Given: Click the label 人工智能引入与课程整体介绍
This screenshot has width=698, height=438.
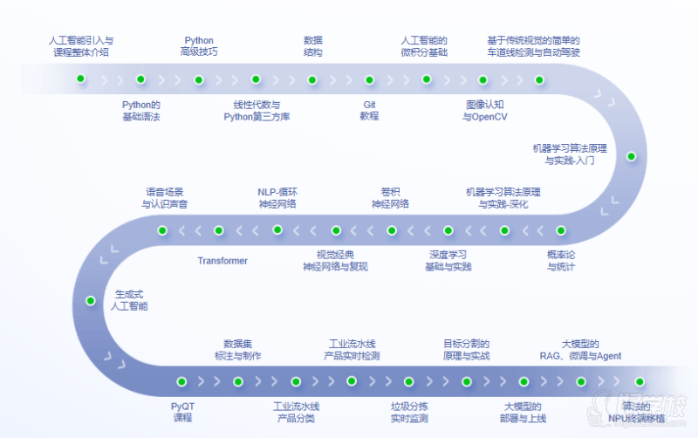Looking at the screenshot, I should point(81,46).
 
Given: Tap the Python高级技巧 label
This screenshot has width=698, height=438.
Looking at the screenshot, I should point(198,46).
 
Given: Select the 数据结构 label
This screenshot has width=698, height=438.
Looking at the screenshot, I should point(312,46).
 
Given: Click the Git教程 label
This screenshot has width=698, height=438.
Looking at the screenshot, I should point(369,110).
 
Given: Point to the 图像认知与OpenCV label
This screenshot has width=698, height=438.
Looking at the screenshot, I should point(485,110).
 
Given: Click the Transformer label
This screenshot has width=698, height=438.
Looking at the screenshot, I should point(222,261).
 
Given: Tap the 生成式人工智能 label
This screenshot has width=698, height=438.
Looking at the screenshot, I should point(129,300).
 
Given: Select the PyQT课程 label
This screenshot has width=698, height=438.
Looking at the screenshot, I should point(182,412).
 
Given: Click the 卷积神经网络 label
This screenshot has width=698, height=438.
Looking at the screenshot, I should point(390,197).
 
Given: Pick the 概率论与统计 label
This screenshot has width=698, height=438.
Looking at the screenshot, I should point(561,260).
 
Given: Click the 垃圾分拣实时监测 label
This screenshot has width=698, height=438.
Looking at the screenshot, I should point(409,412).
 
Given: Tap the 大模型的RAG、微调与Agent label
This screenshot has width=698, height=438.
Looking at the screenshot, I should point(579,350).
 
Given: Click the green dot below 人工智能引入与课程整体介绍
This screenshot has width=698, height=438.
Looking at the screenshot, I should point(81,79).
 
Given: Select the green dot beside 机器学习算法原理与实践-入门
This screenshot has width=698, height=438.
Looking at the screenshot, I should point(631,157).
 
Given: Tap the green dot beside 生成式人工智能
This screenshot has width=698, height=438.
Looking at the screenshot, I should point(90,300).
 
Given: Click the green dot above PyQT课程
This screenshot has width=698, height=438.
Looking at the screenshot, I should point(182,381).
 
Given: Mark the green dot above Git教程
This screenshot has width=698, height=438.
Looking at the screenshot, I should point(369,79).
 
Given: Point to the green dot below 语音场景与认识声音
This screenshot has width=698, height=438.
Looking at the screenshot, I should point(162,230).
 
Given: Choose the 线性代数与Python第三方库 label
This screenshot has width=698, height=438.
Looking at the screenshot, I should point(257,110).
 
